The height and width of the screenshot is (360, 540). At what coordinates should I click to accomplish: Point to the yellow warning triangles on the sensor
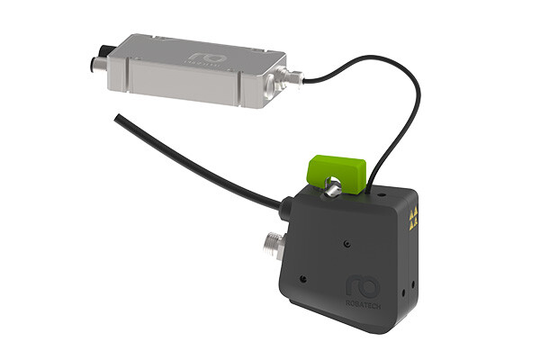coord(414,216)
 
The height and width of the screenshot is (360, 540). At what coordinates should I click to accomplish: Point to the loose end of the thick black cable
coord(117,117)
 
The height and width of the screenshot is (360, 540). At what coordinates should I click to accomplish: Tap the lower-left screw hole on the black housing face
coord(305,280)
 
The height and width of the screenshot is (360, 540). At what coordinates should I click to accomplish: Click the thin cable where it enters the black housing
coord(370,184)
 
